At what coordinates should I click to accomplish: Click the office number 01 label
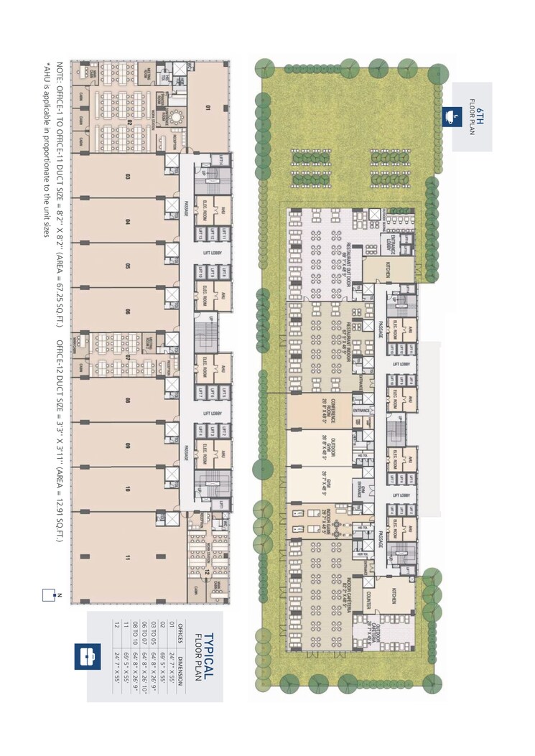point(207,108)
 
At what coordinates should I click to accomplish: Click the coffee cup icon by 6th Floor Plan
point(454,115)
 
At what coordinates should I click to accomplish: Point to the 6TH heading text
point(482,115)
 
